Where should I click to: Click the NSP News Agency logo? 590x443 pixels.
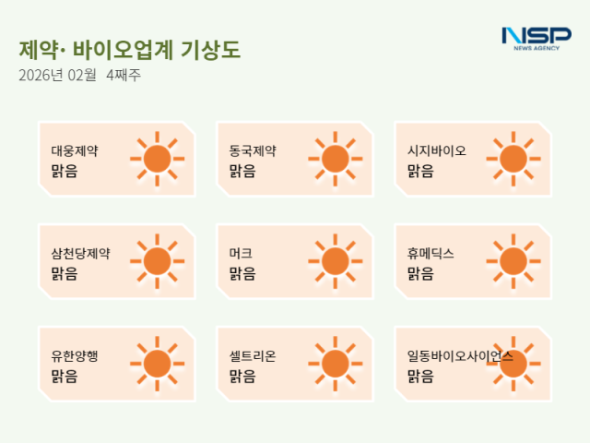coord(536,38)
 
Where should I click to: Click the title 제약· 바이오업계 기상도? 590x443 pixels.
coord(129,50)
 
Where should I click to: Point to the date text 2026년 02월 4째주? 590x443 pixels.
coord(79,76)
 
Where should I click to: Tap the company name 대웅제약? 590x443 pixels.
coord(75,150)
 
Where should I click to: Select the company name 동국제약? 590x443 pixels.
coord(253,150)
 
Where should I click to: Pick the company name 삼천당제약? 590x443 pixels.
coord(80,253)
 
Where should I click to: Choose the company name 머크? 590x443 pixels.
coord(241,253)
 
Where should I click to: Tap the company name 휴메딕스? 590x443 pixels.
coord(431,253)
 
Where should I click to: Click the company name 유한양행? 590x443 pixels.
coord(75,355)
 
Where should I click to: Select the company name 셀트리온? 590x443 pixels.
coord(253,355)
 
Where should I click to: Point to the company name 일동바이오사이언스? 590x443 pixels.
coord(460,355)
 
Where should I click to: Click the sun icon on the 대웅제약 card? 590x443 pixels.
coord(157,159)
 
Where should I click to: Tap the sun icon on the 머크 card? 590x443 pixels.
coord(335,261)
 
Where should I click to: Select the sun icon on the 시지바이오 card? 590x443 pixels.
coord(513,159)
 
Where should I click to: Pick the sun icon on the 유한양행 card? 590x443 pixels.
coord(157,364)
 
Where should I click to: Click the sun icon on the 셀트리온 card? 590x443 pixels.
coord(335,364)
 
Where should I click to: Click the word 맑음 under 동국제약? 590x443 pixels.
coord(242,171)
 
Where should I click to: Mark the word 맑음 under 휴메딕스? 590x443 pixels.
coord(420,273)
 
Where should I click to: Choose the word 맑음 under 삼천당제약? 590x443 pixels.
coord(64,273)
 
